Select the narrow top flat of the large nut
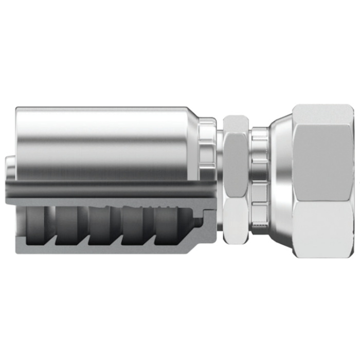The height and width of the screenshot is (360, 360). (321, 114)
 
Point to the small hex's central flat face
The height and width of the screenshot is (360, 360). (238, 165)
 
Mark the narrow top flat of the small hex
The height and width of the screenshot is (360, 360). (237, 122)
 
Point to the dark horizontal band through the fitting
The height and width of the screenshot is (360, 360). (103, 189)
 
